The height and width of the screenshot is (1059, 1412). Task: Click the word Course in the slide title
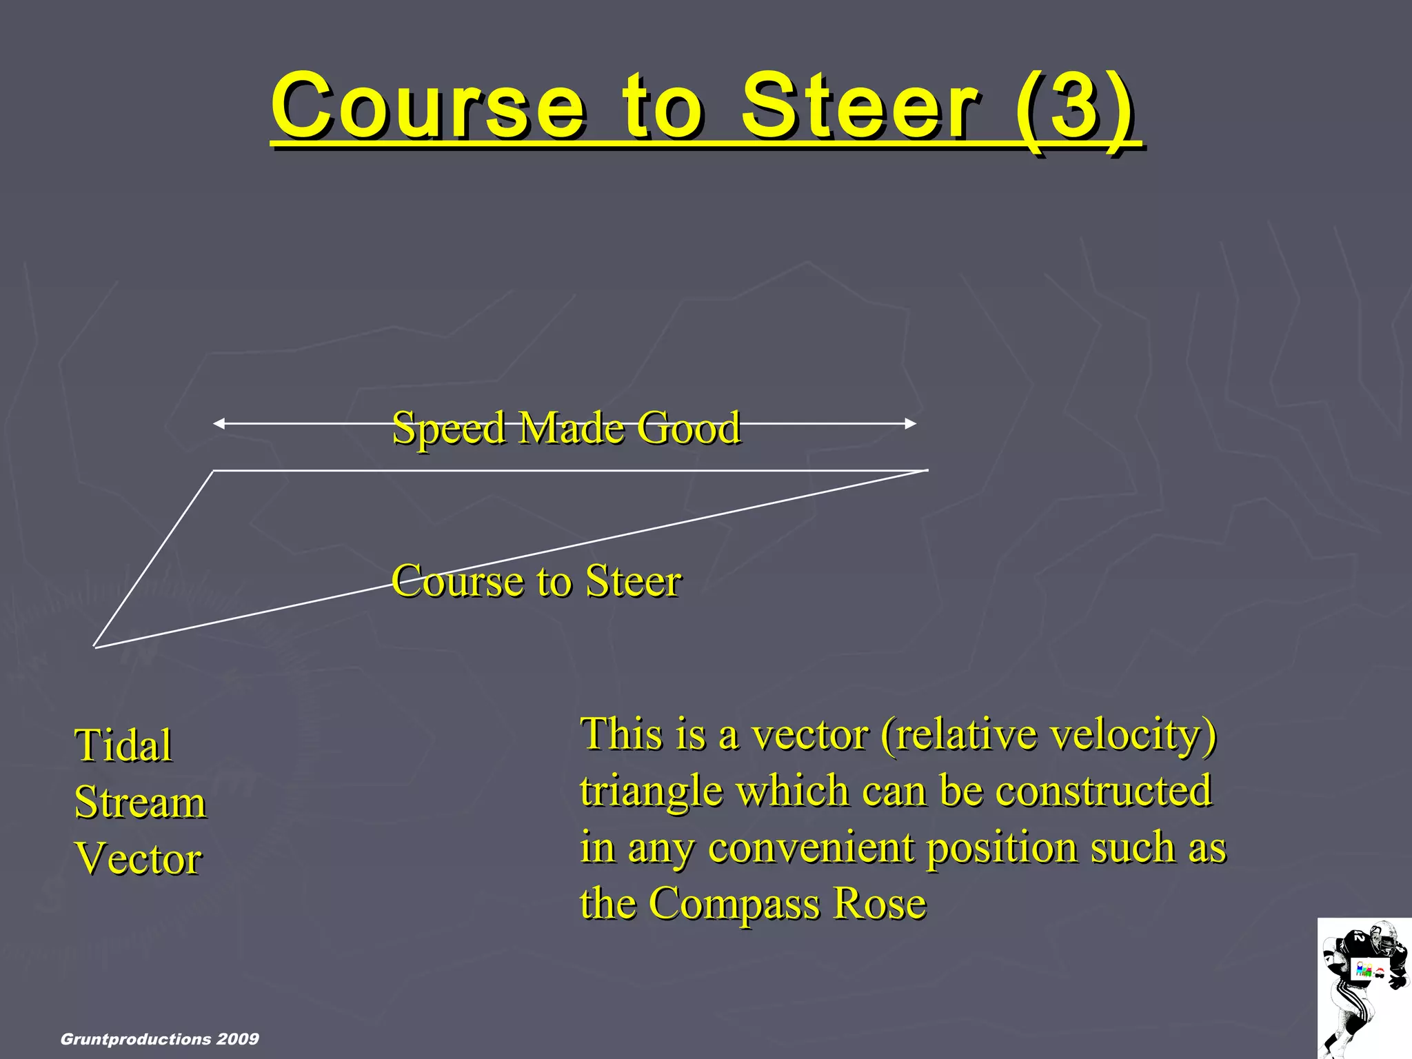coord(427,107)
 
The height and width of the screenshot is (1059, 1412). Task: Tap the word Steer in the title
coord(859,107)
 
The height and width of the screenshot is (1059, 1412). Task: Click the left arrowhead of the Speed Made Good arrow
coord(219,423)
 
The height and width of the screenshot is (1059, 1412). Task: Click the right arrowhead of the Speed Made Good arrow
coord(911,423)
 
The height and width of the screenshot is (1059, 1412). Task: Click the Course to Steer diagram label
coord(536,581)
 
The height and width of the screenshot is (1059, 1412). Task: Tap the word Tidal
coord(123,745)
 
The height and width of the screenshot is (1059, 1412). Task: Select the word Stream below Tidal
coord(140,802)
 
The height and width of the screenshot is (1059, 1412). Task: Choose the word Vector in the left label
coord(138,858)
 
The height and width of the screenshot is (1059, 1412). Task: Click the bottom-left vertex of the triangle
coord(95,646)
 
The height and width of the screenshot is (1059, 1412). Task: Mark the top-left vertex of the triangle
coord(213,471)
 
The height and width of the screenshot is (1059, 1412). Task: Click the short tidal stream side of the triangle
coord(154,558)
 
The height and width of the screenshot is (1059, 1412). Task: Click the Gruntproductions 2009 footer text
coord(160,1039)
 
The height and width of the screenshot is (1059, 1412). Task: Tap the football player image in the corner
coord(1364,989)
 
